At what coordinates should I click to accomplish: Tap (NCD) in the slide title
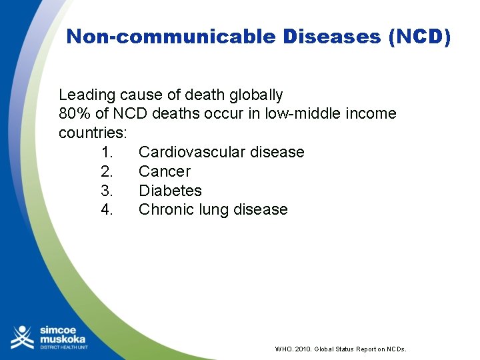pyautogui.click(x=419, y=37)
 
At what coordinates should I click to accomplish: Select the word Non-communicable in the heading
pyautogui.click(x=171, y=37)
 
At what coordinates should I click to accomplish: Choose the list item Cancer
pyautogui.click(x=164, y=171)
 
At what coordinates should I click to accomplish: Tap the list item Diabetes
pyautogui.click(x=170, y=191)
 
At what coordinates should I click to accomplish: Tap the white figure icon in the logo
pyautogui.click(x=22, y=337)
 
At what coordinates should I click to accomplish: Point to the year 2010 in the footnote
pyautogui.click(x=302, y=349)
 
